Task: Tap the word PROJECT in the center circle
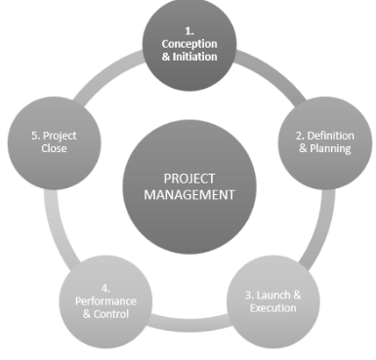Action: coord(189,178)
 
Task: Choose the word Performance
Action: coord(106,300)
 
